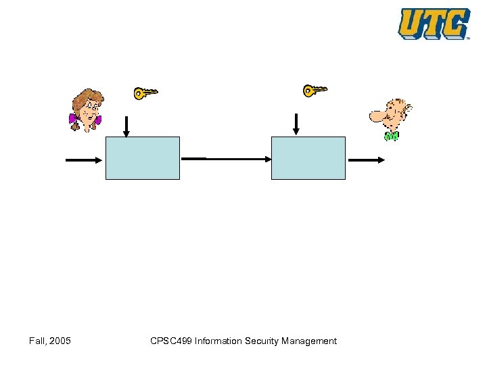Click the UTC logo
coord(434,24)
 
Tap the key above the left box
coord(145,93)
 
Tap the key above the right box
coord(315,90)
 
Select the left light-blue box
coord(143,158)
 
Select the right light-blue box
coord(308,158)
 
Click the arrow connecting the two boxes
coord(226,159)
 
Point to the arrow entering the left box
coord(85,160)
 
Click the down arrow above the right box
coord(296,123)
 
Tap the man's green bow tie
coord(391,136)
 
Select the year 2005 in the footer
coord(60,341)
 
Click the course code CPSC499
coord(171,341)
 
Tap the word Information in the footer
coord(218,341)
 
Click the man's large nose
coord(376,116)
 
